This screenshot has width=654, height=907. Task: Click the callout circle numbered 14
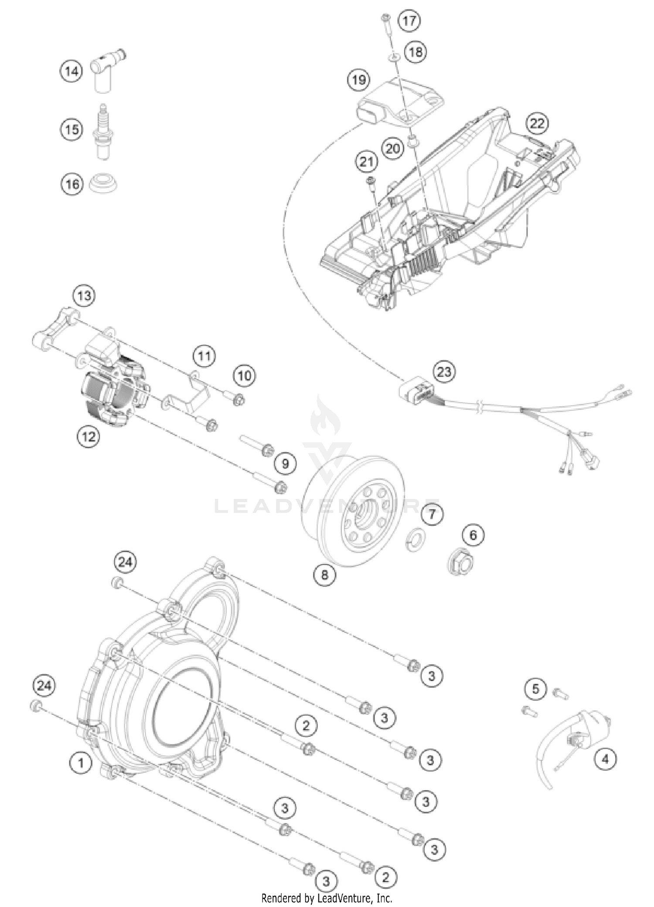click(x=71, y=71)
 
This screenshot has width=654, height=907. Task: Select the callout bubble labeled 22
click(x=537, y=124)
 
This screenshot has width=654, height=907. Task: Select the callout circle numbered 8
click(x=325, y=575)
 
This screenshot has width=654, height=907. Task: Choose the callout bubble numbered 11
click(x=204, y=357)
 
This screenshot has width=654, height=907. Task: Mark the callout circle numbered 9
click(x=285, y=463)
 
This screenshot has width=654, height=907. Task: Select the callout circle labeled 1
click(x=81, y=763)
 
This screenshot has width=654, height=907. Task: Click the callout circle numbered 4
click(x=605, y=759)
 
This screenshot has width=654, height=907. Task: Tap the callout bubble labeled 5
click(x=535, y=689)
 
